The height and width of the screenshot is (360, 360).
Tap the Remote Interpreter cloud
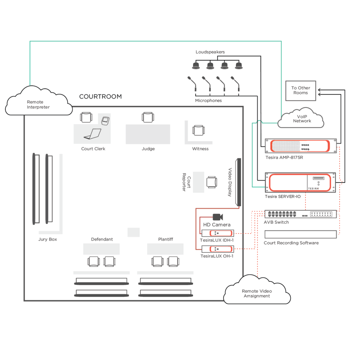pos(38,103)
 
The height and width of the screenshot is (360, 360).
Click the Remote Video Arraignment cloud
pos(257,292)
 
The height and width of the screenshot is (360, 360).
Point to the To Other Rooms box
pos(301,90)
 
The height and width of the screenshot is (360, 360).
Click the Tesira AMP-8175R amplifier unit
pos(301,146)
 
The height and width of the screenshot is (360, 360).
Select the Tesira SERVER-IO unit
pos(301,182)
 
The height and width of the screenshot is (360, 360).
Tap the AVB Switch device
pos(301,214)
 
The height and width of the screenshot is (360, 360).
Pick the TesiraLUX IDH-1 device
pos(218,233)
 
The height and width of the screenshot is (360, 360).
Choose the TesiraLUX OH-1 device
pos(218,249)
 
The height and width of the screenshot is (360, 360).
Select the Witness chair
pos(198,130)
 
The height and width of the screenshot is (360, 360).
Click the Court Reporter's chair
pos(212,182)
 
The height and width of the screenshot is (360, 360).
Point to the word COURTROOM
pos(100,96)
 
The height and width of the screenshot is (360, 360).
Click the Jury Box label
pos(47,239)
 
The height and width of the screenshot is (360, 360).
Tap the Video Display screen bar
pos(238,182)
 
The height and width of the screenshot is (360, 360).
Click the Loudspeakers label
pos(210,52)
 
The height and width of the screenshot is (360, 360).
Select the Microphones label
pos(208,101)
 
